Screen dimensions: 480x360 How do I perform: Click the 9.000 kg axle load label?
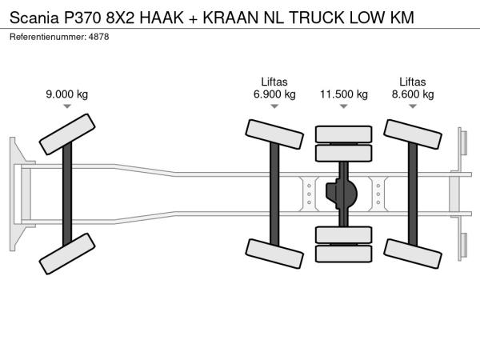pos(66,94)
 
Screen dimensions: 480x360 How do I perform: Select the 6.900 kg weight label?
pos(274,94)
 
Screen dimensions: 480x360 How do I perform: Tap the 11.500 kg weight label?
pos(344,94)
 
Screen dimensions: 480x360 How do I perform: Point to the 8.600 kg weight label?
pos(413,94)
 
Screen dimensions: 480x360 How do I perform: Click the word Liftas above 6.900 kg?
pos(274,82)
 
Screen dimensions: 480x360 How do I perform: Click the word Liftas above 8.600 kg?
pos(412,82)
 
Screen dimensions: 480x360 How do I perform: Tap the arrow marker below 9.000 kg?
pos(67,106)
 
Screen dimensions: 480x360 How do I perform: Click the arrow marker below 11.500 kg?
pos(344,106)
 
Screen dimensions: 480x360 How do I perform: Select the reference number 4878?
pos(98,37)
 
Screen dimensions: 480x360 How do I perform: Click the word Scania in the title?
pos(34,18)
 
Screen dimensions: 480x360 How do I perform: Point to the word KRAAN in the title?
pos(230,18)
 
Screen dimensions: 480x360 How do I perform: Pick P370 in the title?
pos(82,18)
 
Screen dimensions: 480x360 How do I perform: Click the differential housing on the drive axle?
pos(342,194)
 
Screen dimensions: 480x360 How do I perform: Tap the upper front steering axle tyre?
pos(67,134)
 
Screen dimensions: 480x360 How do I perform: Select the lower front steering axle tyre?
pos(67,254)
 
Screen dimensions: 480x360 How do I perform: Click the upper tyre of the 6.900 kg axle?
pos(274,134)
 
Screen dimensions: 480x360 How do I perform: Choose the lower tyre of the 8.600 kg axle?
pos(412,254)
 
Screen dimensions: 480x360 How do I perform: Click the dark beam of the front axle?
pos(67,194)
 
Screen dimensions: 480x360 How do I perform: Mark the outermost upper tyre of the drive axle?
pos(344,134)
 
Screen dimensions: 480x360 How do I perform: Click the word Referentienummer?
pos(48,37)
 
